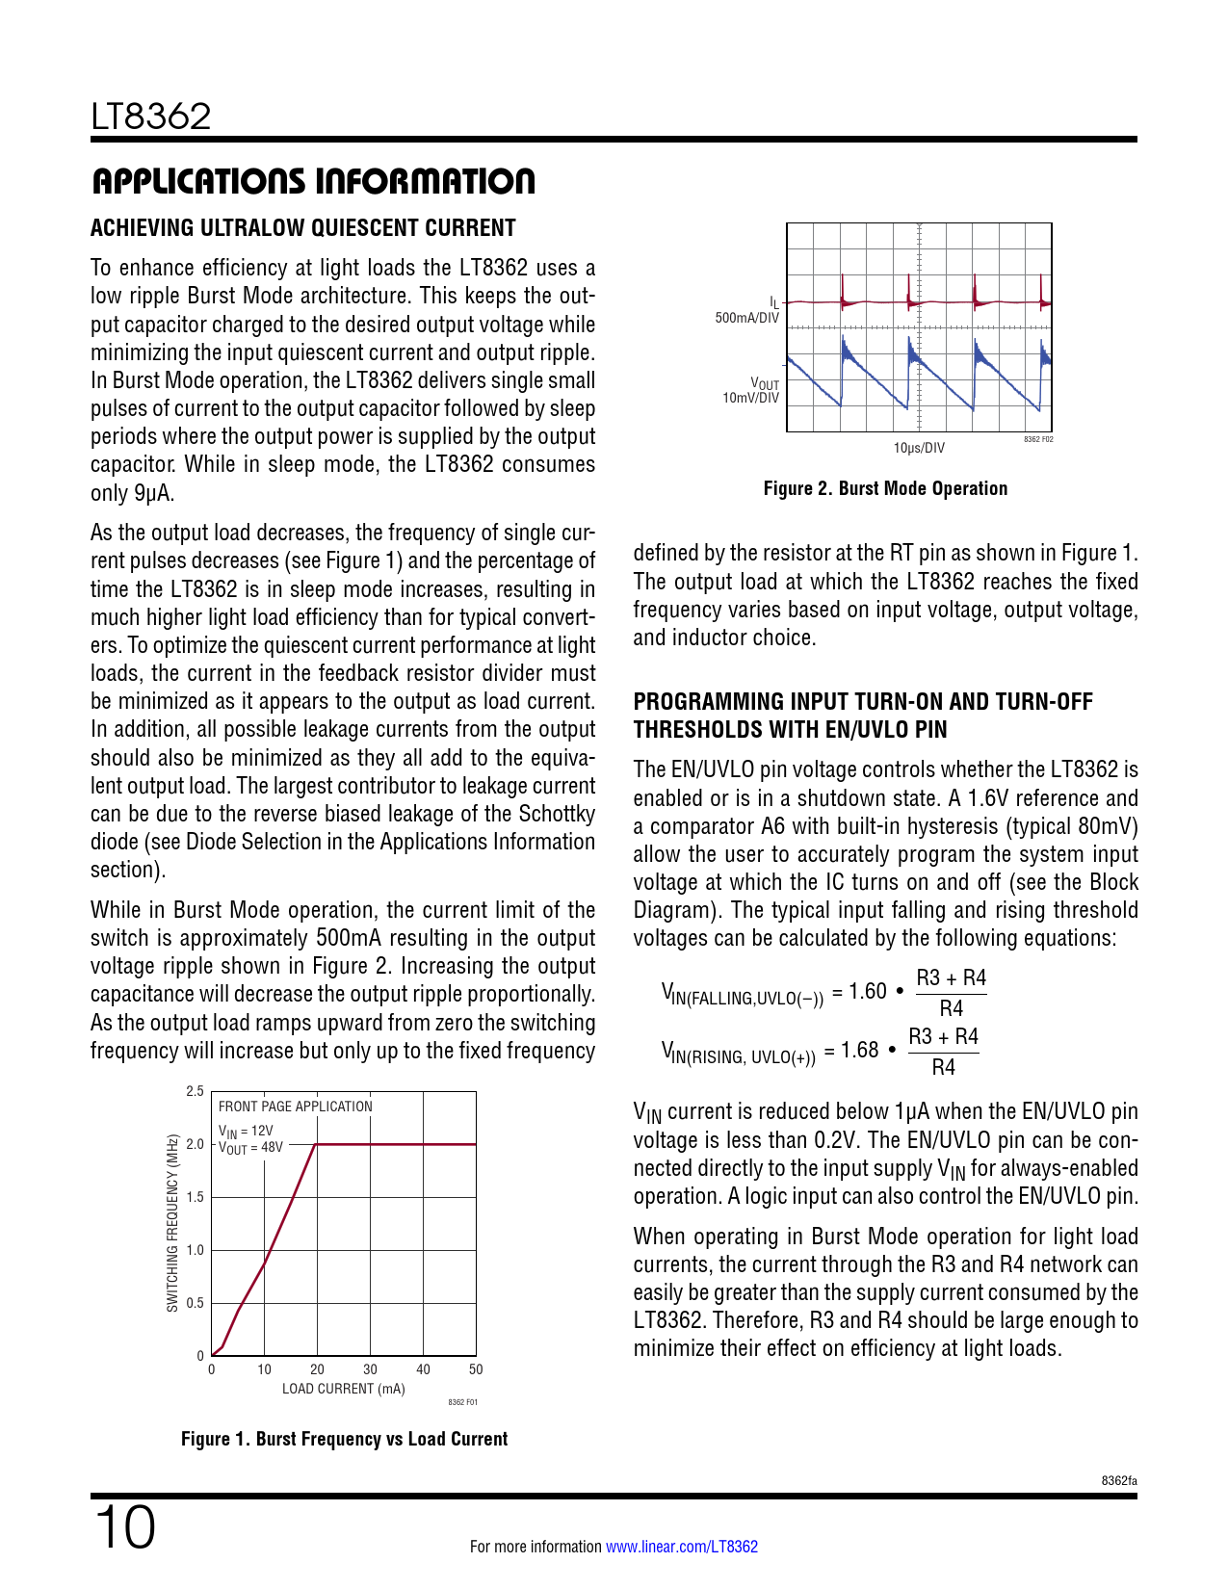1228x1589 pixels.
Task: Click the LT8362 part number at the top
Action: (x=151, y=117)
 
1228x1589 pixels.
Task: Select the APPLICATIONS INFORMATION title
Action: (x=313, y=181)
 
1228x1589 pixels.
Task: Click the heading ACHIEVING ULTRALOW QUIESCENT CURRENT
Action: (x=303, y=228)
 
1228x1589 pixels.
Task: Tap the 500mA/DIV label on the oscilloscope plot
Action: (x=746, y=318)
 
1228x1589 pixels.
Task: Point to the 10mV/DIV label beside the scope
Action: (x=750, y=398)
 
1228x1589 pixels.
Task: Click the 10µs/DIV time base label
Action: (x=919, y=448)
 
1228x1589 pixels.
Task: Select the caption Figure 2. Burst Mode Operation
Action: (x=885, y=488)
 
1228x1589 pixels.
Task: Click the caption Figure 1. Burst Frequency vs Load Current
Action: (x=344, y=1439)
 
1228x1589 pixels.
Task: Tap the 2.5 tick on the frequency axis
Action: (x=195, y=1091)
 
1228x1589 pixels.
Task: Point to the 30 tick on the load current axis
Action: (x=370, y=1369)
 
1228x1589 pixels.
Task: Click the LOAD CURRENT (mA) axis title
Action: (x=343, y=1389)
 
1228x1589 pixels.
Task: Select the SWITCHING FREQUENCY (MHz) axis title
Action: (x=172, y=1223)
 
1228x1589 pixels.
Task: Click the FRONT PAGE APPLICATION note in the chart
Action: (x=295, y=1107)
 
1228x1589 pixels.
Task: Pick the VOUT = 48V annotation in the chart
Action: (x=250, y=1148)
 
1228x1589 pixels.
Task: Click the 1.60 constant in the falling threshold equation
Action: (x=867, y=992)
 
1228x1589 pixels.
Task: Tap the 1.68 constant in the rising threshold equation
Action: (x=859, y=1051)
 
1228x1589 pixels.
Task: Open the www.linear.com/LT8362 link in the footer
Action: (x=681, y=1547)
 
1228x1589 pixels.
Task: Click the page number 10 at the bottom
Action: (x=124, y=1528)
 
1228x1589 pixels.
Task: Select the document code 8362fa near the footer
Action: (x=1119, y=1480)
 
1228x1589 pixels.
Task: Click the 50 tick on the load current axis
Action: (x=476, y=1369)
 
